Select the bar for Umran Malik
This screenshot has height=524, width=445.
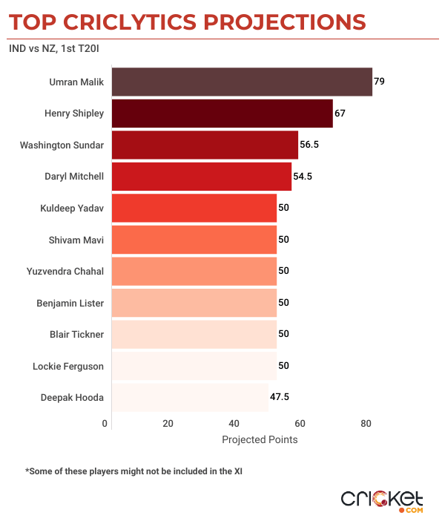(242, 82)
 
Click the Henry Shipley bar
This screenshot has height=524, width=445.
(222, 114)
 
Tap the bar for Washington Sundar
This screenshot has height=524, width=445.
(205, 145)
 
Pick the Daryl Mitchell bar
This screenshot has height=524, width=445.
(201, 177)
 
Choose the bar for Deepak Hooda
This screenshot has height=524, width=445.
(190, 397)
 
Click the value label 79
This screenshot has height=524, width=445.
(379, 82)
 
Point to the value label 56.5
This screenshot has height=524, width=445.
(309, 145)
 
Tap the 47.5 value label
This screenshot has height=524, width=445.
(280, 397)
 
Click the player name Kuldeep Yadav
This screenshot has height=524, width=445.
(71, 208)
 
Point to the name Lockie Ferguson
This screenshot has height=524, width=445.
(68, 366)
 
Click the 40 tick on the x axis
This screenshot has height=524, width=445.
(234, 424)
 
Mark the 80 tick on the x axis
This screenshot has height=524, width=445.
(366, 424)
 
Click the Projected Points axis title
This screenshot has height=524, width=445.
(260, 439)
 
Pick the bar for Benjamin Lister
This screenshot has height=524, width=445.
(194, 303)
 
